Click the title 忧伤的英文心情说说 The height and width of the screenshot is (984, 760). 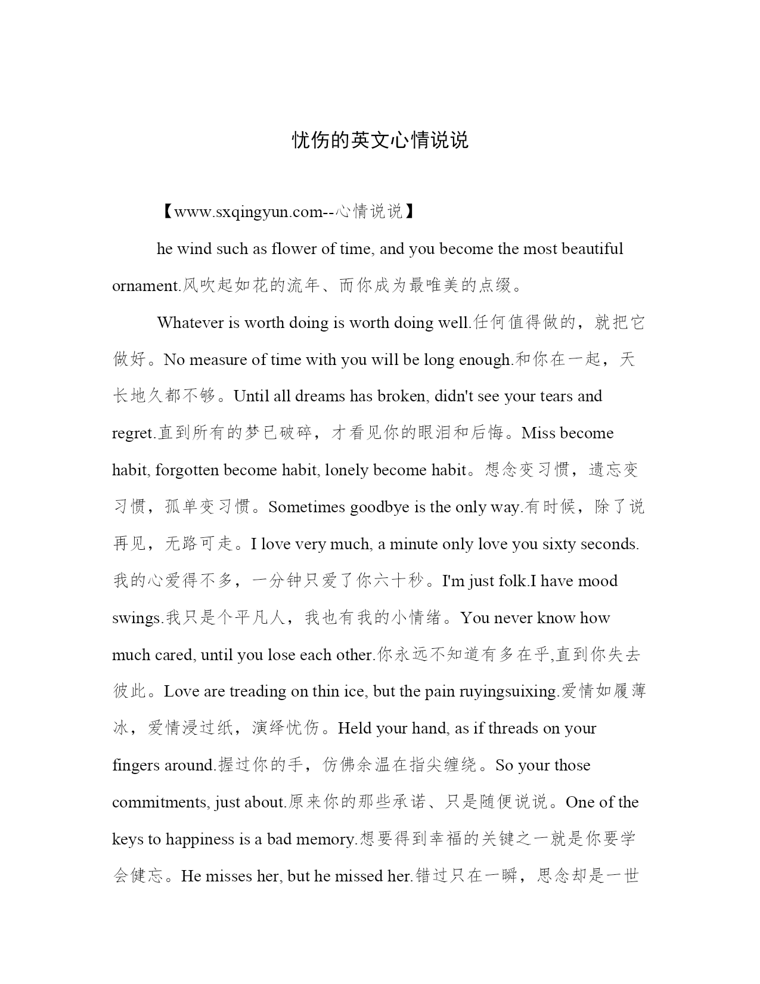[380, 140]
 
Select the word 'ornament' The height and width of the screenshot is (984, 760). [145, 286]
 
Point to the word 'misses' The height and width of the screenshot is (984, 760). [229, 876]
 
